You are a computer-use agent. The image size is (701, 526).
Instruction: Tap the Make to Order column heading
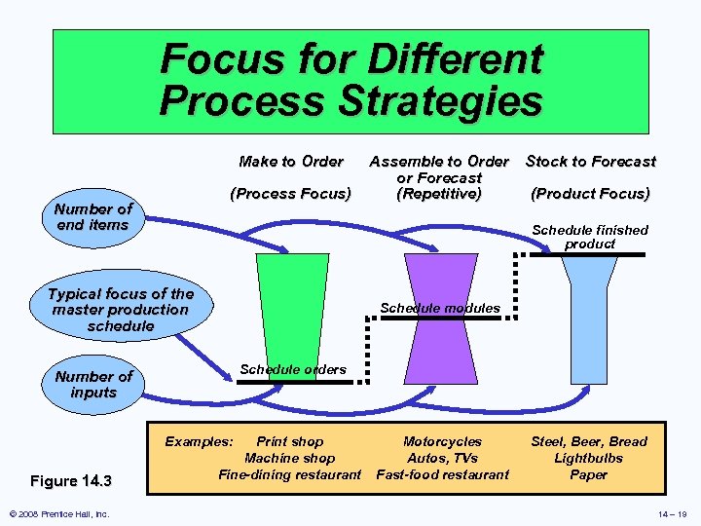pos(291,162)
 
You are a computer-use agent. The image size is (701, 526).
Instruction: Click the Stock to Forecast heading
pos(591,162)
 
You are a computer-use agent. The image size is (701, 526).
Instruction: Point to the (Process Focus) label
pos(291,194)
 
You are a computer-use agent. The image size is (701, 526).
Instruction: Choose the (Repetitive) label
pos(439,194)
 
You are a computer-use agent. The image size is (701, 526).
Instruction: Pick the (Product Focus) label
pos(591,194)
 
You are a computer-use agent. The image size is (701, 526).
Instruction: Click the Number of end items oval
pos(93,217)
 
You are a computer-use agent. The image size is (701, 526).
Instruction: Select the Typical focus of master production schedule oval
pos(121,310)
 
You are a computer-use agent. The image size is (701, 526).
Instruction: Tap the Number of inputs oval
pos(93,385)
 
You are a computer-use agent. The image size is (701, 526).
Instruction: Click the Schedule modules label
pos(440,309)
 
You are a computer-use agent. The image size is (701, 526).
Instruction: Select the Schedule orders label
pos(293,370)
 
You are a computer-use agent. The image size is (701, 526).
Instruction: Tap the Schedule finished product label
pos(590,237)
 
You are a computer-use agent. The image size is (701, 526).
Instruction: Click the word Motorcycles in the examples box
pos(442,442)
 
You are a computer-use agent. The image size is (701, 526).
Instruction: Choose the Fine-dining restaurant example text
pos(290,475)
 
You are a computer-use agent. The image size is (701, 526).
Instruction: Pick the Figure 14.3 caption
pos(71,480)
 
